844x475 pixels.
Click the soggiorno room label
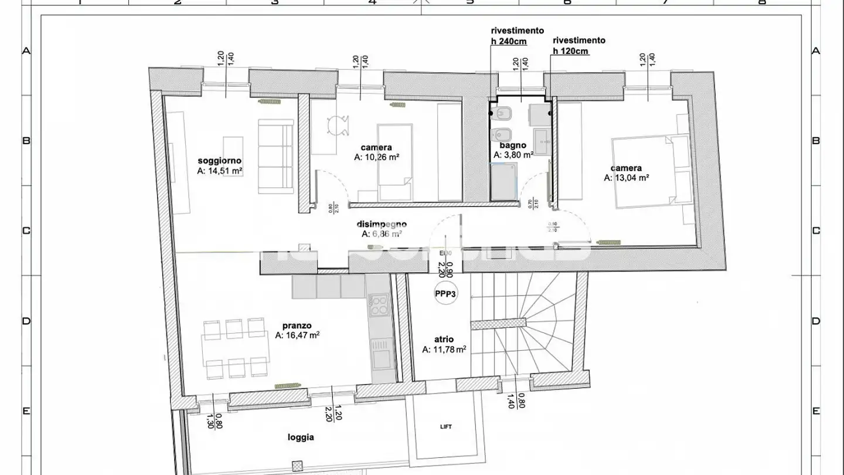coord(220,161)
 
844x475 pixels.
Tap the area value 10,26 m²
coord(376,158)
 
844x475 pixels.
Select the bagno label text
coord(513,145)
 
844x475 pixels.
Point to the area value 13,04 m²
coord(626,178)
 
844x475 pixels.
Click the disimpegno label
coord(382,224)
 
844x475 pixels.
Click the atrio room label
coord(444,339)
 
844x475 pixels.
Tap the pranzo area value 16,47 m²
coord(297,336)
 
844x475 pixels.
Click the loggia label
coord(301,437)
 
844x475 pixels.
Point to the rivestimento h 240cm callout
coord(517,36)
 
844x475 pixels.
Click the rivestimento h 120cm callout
coord(578,46)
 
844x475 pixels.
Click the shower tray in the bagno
coord(504,181)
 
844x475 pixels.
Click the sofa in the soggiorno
coord(275,156)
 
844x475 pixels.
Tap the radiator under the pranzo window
coord(287,385)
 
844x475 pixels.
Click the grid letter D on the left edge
coord(26,321)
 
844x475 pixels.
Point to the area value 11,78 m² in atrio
coord(444,350)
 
